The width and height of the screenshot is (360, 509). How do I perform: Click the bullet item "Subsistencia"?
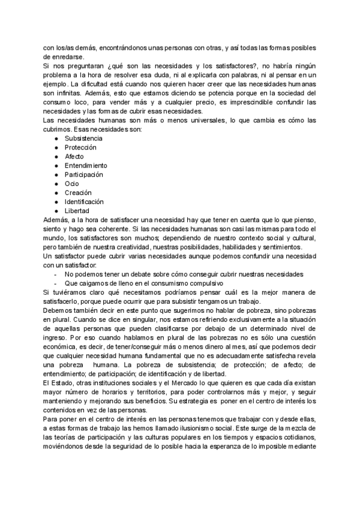(x=83, y=138)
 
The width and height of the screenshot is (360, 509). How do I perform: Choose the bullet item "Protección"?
(x=80, y=147)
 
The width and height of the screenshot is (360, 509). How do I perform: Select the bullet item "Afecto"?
(x=74, y=156)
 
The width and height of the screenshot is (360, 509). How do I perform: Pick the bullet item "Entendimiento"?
(x=86, y=165)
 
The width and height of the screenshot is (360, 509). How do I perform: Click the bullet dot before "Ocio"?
(x=56, y=184)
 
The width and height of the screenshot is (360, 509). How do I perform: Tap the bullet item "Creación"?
(x=78, y=193)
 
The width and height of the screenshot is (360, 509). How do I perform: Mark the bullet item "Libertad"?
(x=77, y=211)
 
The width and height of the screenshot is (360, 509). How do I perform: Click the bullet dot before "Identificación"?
(x=56, y=202)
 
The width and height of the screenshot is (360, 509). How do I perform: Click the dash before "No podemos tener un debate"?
(x=55, y=274)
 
